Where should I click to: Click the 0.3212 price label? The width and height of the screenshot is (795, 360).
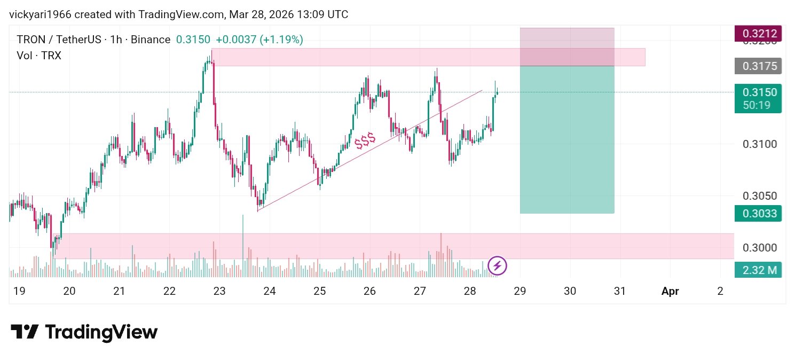pos(758,33)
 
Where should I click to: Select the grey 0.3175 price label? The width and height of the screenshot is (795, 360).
pos(758,66)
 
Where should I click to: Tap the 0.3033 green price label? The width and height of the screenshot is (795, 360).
pos(758,214)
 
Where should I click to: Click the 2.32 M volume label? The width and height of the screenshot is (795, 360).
pos(758,270)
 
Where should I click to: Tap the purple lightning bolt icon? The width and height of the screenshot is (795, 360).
pos(498,265)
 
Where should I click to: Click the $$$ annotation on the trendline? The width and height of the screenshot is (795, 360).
pos(365,140)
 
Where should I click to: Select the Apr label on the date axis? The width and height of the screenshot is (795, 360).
pos(670,291)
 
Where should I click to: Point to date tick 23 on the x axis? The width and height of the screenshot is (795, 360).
pos(219,291)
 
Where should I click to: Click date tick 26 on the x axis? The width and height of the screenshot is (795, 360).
pos(369,291)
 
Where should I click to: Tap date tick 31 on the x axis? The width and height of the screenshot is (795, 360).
pos(619,291)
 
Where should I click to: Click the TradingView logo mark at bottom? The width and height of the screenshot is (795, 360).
pos(25,332)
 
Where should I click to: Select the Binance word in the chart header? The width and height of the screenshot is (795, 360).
pos(150,40)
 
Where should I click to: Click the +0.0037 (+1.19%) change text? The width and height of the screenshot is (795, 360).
pos(259,40)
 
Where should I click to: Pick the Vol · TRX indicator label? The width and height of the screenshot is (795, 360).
pos(39,55)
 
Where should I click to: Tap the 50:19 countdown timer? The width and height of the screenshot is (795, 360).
pos(758,105)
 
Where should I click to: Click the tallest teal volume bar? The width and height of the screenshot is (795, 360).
pos(243,246)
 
